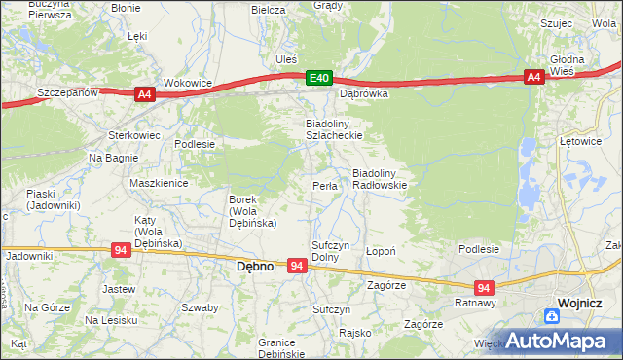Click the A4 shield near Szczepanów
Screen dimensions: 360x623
coord(144,93)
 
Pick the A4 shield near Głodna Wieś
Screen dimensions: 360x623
coord(533,78)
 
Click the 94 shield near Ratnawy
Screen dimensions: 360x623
coord(484,287)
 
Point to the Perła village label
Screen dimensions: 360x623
coord(324,186)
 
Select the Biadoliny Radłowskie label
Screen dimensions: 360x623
coord(385,179)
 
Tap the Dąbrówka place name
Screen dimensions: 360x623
coord(363,94)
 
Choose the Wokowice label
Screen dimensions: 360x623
coord(188,84)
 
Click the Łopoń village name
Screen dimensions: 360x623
coord(380,251)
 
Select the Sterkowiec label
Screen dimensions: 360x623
coord(133,135)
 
